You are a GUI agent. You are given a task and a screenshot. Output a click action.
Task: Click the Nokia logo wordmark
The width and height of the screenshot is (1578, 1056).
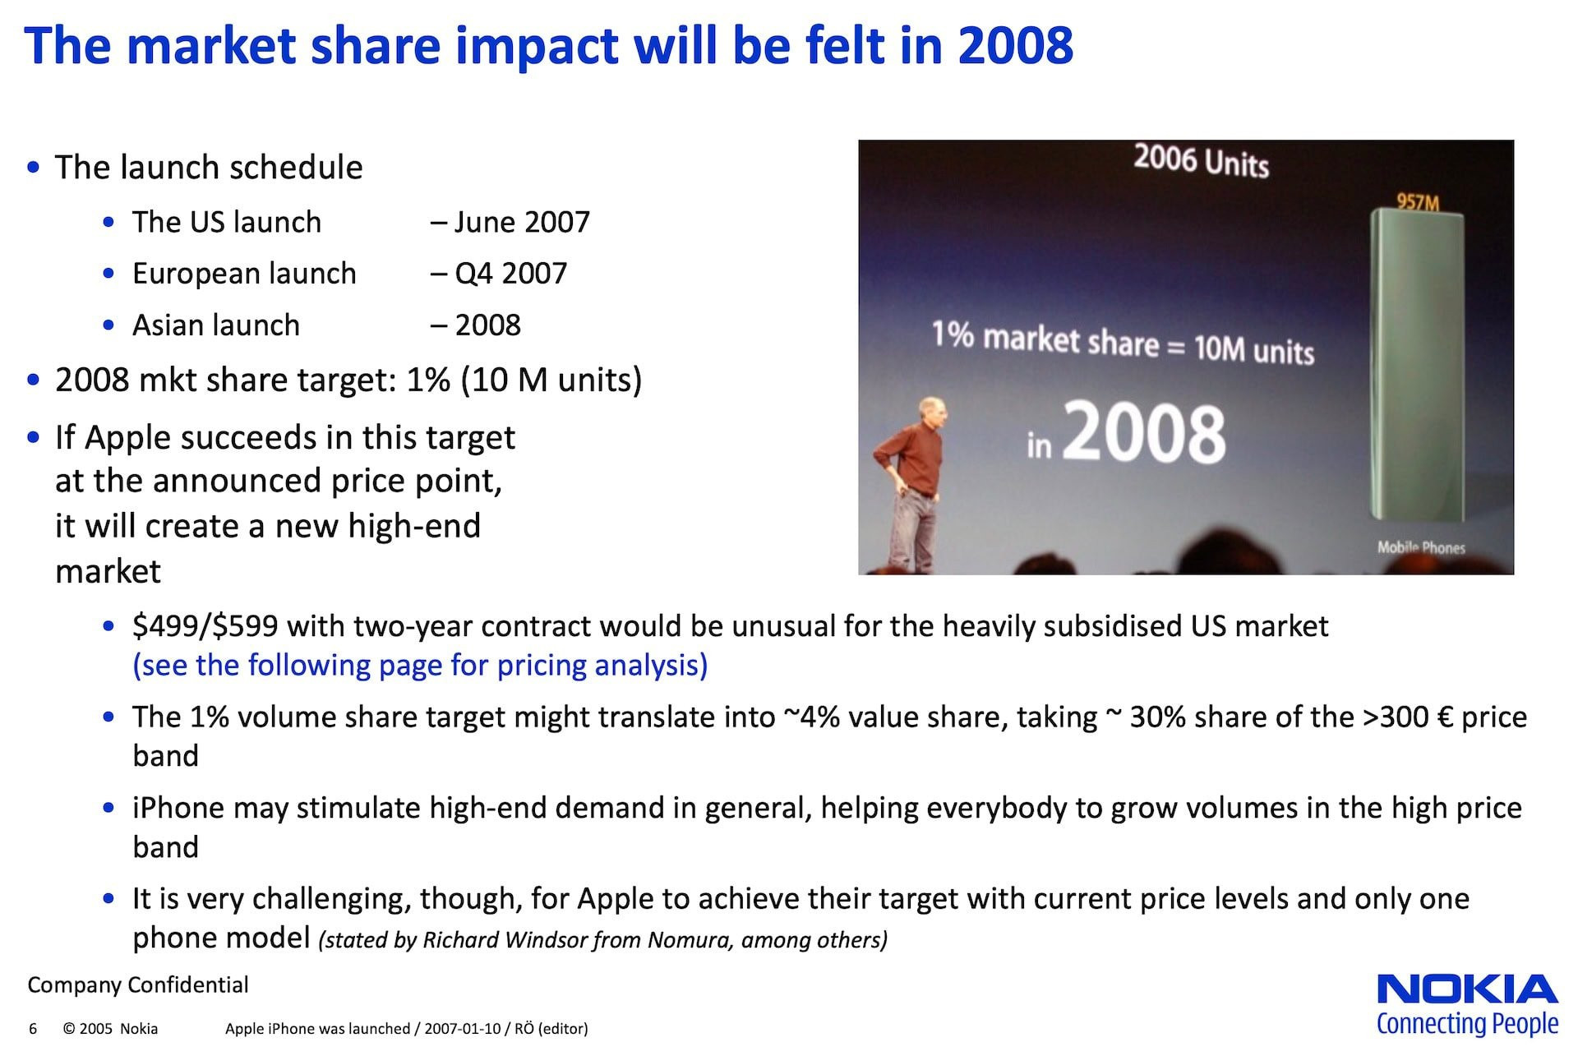(x=1467, y=989)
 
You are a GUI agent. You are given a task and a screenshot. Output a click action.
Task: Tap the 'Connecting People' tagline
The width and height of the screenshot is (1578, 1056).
(x=1467, y=1024)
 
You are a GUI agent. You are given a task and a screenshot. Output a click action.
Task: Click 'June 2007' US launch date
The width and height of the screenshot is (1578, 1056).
(x=522, y=222)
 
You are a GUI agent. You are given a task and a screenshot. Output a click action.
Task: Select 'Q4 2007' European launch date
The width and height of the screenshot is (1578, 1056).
(x=510, y=274)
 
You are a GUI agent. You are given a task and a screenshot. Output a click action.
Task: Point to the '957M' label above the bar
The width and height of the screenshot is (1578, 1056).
(x=1418, y=201)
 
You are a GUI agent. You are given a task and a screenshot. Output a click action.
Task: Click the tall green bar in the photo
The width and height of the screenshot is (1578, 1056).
(x=1417, y=366)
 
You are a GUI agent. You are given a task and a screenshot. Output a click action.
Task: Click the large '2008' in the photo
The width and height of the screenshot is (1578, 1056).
(x=1144, y=433)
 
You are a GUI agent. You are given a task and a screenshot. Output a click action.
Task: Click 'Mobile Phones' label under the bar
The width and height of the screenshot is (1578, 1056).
(x=1421, y=547)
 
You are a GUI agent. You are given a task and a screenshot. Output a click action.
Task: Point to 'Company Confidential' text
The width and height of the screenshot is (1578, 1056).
(x=138, y=985)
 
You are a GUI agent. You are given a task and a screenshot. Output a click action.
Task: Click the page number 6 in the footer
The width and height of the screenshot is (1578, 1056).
(x=33, y=1029)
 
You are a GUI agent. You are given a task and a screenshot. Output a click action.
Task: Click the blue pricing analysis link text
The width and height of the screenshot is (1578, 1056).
(x=420, y=665)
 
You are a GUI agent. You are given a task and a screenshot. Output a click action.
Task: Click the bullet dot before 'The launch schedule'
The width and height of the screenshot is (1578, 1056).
(x=34, y=168)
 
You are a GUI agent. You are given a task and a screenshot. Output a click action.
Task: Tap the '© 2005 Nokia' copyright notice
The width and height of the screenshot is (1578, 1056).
(x=110, y=1029)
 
